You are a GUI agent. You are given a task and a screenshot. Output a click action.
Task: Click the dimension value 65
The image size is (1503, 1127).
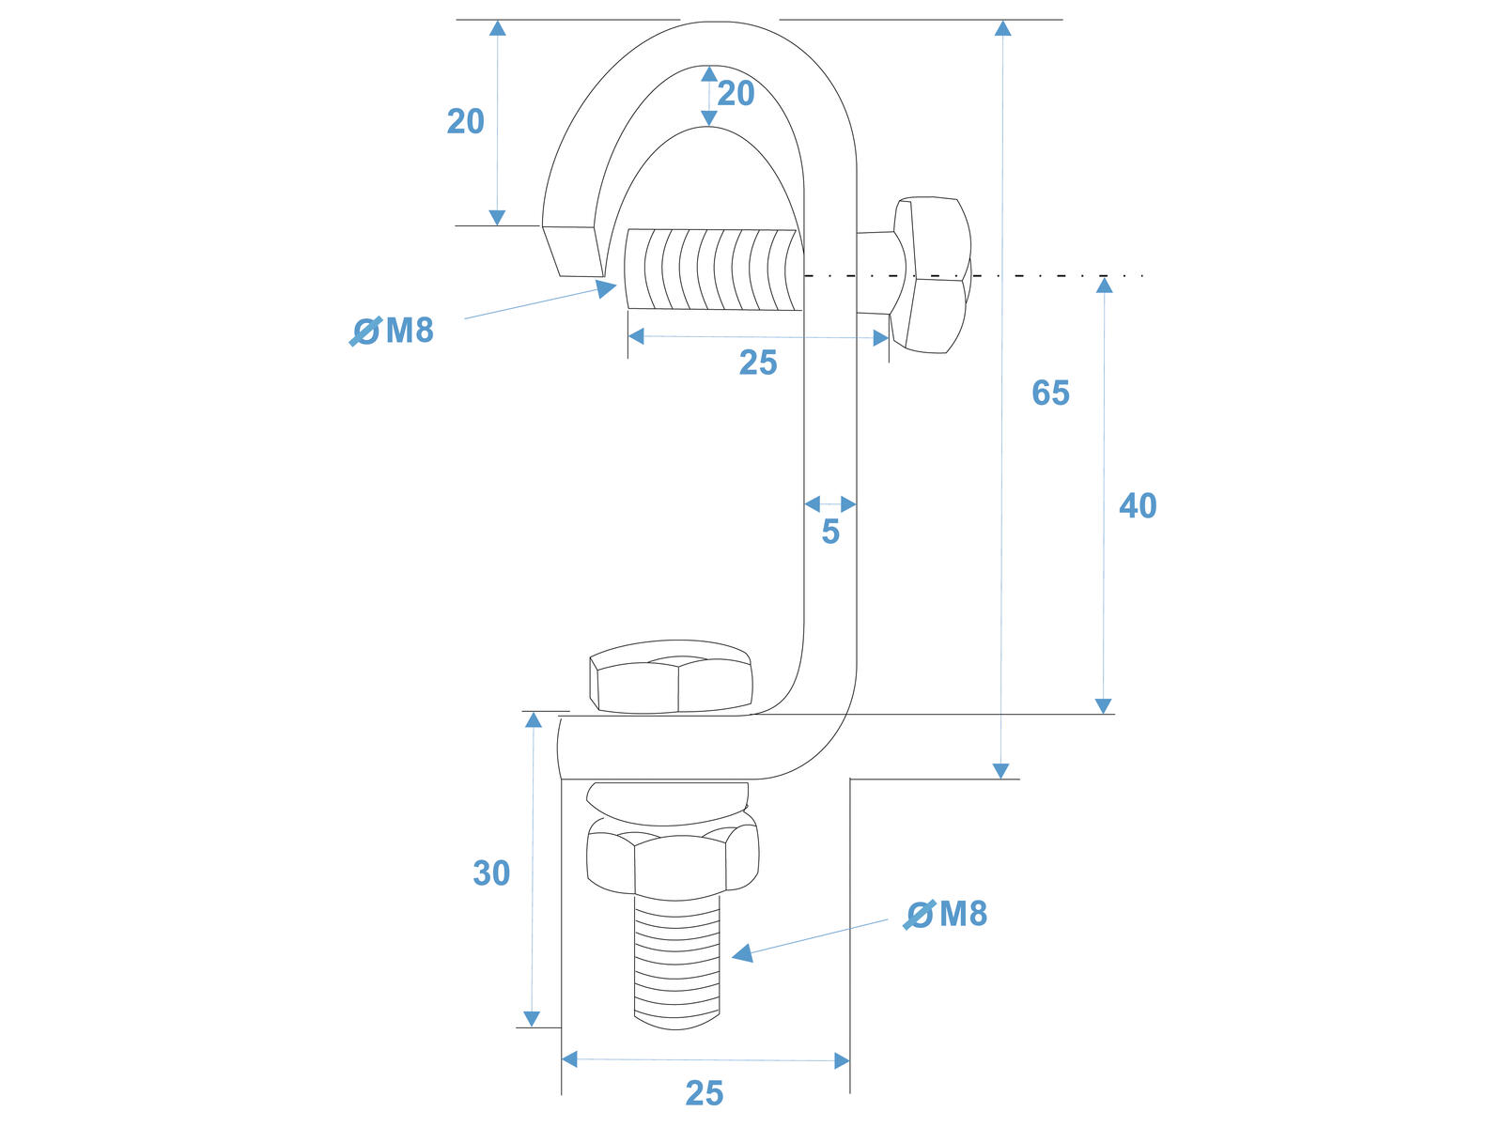click(x=1050, y=393)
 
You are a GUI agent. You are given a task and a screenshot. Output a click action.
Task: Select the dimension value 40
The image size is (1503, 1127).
click(x=1138, y=505)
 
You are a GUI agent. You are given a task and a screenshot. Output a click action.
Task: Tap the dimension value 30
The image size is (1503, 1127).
click(x=491, y=872)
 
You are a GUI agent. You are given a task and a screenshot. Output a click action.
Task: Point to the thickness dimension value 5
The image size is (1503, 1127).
click(x=830, y=531)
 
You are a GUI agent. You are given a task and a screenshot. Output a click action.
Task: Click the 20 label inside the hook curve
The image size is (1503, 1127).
click(x=736, y=93)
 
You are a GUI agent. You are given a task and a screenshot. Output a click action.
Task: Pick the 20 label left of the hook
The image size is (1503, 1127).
click(x=466, y=121)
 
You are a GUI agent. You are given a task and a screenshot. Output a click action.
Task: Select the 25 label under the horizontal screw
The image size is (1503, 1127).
click(x=758, y=363)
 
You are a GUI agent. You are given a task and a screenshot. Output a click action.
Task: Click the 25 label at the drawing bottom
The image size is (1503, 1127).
click(x=705, y=1093)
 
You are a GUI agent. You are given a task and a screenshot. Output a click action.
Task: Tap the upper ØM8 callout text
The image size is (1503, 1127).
click(x=392, y=332)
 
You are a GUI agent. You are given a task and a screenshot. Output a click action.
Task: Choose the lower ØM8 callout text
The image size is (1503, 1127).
click(x=946, y=914)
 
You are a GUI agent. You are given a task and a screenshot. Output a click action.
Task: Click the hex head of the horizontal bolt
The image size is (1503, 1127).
click(x=931, y=275)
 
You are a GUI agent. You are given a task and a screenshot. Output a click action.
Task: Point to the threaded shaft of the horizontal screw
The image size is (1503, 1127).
click(x=714, y=270)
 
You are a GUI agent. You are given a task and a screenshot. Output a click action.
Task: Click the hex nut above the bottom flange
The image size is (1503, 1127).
click(x=671, y=677)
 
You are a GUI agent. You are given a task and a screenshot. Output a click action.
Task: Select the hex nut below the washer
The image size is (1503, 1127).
click(x=673, y=858)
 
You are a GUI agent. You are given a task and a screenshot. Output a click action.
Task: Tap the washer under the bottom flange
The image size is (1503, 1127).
click(x=668, y=803)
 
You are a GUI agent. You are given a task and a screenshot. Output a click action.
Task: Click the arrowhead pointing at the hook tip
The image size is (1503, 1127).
click(x=606, y=288)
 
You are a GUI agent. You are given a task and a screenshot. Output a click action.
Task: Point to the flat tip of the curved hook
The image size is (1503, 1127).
click(x=574, y=251)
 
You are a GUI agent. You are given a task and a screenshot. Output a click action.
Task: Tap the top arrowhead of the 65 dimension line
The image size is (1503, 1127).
click(x=1003, y=28)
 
